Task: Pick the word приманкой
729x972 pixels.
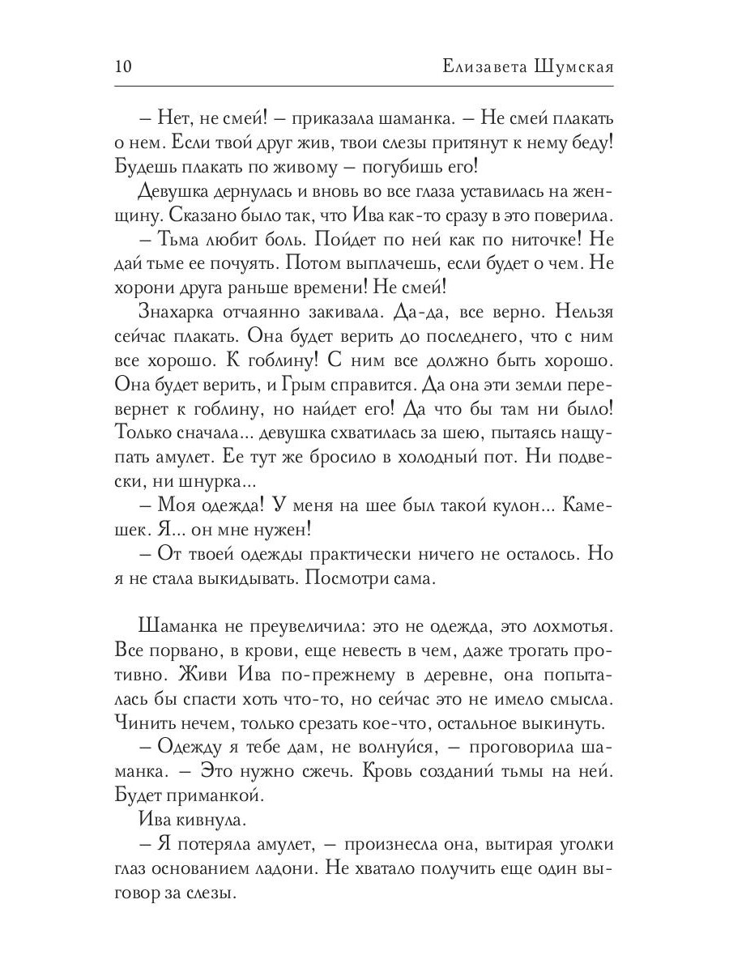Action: [211, 795]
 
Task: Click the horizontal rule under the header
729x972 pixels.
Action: [364, 86]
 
